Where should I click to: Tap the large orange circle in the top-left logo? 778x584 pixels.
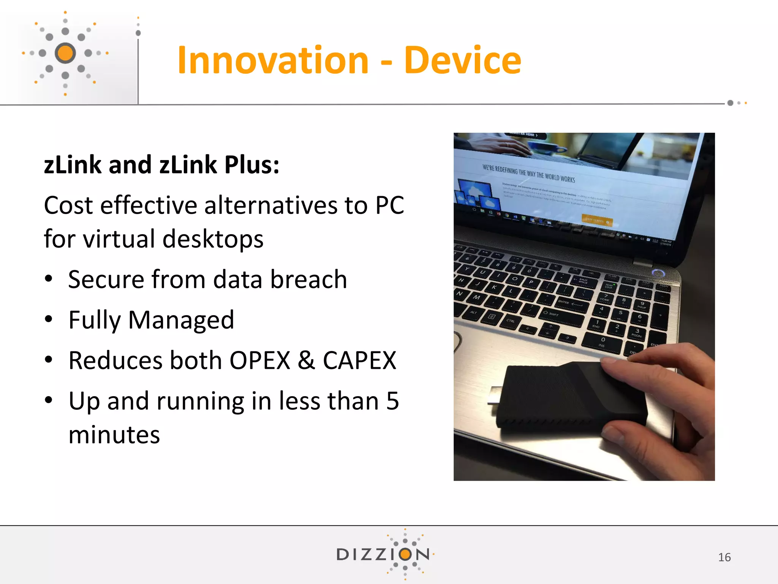pyautogui.click(x=65, y=53)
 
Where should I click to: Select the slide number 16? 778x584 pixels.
pyautogui.click(x=724, y=557)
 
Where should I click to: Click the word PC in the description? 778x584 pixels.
pyautogui.click(x=389, y=205)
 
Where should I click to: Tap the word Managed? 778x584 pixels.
pyautogui.click(x=181, y=320)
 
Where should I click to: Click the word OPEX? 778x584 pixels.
pyautogui.click(x=260, y=360)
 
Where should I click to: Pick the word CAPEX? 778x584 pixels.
pyautogui.click(x=359, y=360)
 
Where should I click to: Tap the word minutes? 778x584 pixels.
pyautogui.click(x=114, y=435)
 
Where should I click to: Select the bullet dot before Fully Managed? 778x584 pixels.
pyautogui.click(x=48, y=319)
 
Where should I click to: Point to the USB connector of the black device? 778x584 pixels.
pyautogui.click(x=495, y=395)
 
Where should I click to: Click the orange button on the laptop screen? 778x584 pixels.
pyautogui.click(x=597, y=220)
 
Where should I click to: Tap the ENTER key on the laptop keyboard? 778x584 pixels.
pyautogui.click(x=570, y=303)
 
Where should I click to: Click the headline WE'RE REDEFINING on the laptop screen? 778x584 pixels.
pyautogui.click(x=528, y=173)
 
